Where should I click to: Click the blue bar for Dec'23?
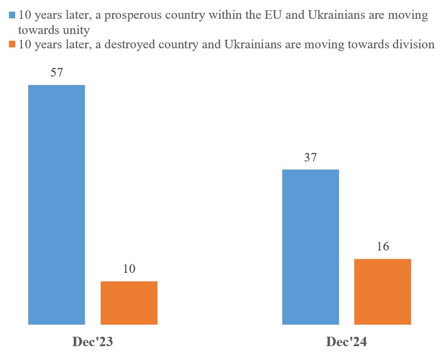click(x=56, y=204)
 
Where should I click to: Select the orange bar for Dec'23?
click(x=129, y=303)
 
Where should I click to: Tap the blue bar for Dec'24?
click(x=310, y=247)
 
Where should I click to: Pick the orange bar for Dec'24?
click(x=382, y=292)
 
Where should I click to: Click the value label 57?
click(x=56, y=73)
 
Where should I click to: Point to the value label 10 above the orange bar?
click(x=129, y=269)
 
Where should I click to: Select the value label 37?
click(x=310, y=158)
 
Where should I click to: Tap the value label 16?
click(x=382, y=247)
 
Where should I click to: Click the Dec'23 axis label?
click(x=93, y=343)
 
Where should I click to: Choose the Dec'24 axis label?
click(x=347, y=343)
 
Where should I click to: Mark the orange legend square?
click(x=13, y=45)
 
